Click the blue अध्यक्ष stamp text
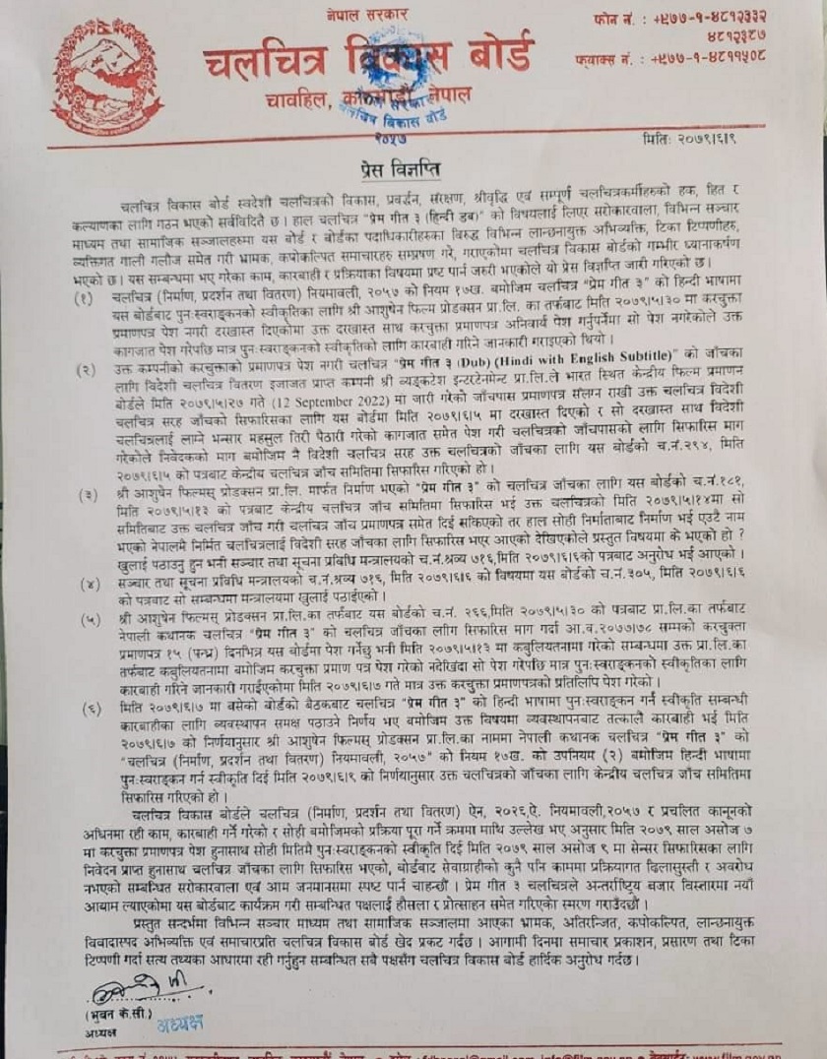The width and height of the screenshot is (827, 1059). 180,1024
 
